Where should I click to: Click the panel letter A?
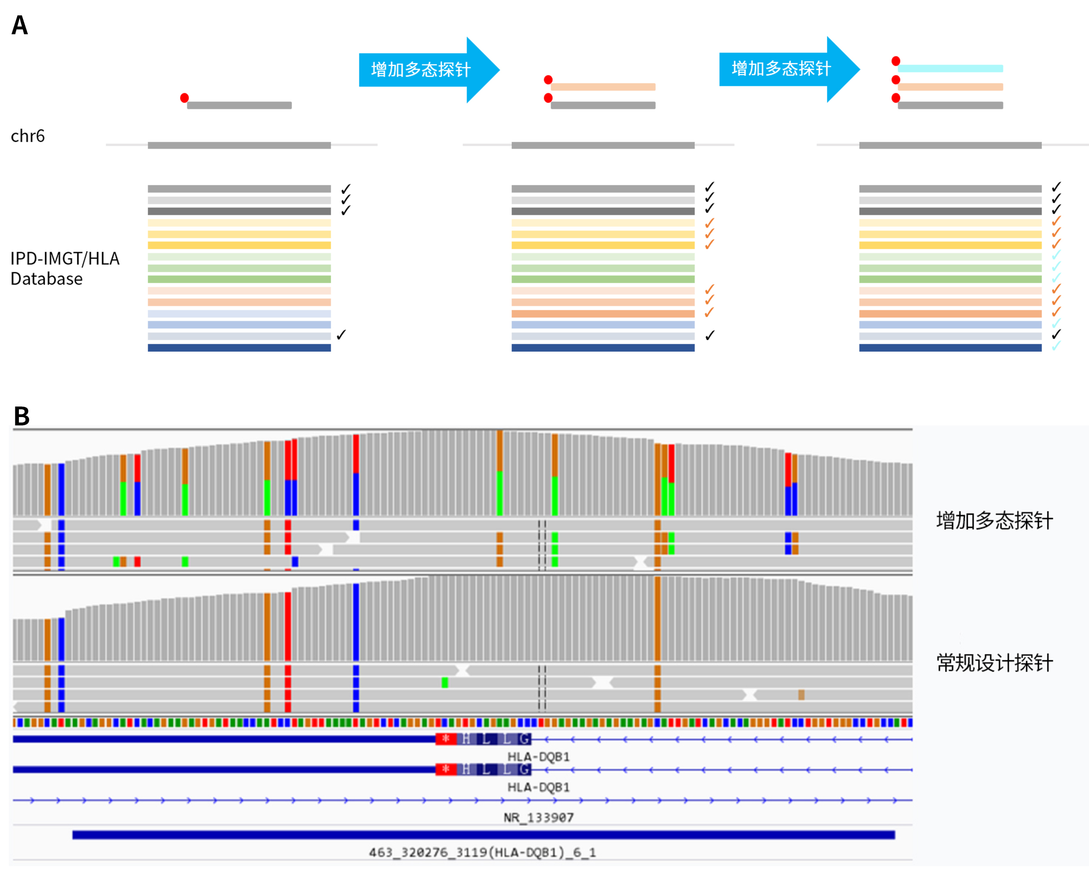click(x=19, y=25)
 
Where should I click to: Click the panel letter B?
click(x=21, y=416)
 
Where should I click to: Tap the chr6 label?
click(x=28, y=136)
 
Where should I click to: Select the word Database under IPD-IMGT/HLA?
click(x=46, y=279)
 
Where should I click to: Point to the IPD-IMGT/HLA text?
click(x=65, y=259)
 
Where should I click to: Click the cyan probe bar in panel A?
click(x=950, y=68)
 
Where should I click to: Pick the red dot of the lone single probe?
click(x=184, y=98)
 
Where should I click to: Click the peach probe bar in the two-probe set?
click(x=603, y=87)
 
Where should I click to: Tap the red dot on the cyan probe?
click(x=895, y=61)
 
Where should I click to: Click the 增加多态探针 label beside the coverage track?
click(x=994, y=520)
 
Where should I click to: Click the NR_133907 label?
click(x=538, y=817)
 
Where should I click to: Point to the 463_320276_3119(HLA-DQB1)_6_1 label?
click(x=482, y=852)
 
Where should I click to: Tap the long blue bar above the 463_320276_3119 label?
click(x=483, y=835)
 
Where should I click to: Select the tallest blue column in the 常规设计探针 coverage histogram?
click(x=356, y=622)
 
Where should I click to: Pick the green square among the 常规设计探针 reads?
click(x=445, y=682)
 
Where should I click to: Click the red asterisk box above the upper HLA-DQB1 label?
click(x=446, y=739)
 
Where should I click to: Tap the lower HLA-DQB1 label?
click(x=538, y=787)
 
